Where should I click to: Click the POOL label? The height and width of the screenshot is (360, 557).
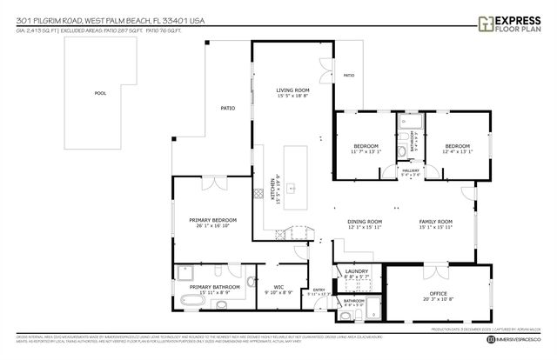(101, 93)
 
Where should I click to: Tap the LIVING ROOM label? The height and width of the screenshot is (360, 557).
(293, 90)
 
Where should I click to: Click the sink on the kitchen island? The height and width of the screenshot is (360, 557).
(293, 186)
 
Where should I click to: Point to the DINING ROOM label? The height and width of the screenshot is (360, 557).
(365, 222)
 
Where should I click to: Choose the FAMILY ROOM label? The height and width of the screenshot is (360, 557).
(436, 222)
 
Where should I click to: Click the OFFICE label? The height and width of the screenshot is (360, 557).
(436, 293)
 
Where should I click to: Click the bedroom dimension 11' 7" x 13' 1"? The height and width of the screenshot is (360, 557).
(366, 151)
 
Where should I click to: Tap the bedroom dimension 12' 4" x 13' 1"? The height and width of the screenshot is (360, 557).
(457, 151)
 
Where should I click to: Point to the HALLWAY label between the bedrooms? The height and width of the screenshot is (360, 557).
(411, 170)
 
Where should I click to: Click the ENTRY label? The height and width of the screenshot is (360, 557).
(319, 290)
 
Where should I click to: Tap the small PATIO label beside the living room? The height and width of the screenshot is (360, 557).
(348, 76)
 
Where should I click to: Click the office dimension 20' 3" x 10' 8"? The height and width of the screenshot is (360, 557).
(436, 299)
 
